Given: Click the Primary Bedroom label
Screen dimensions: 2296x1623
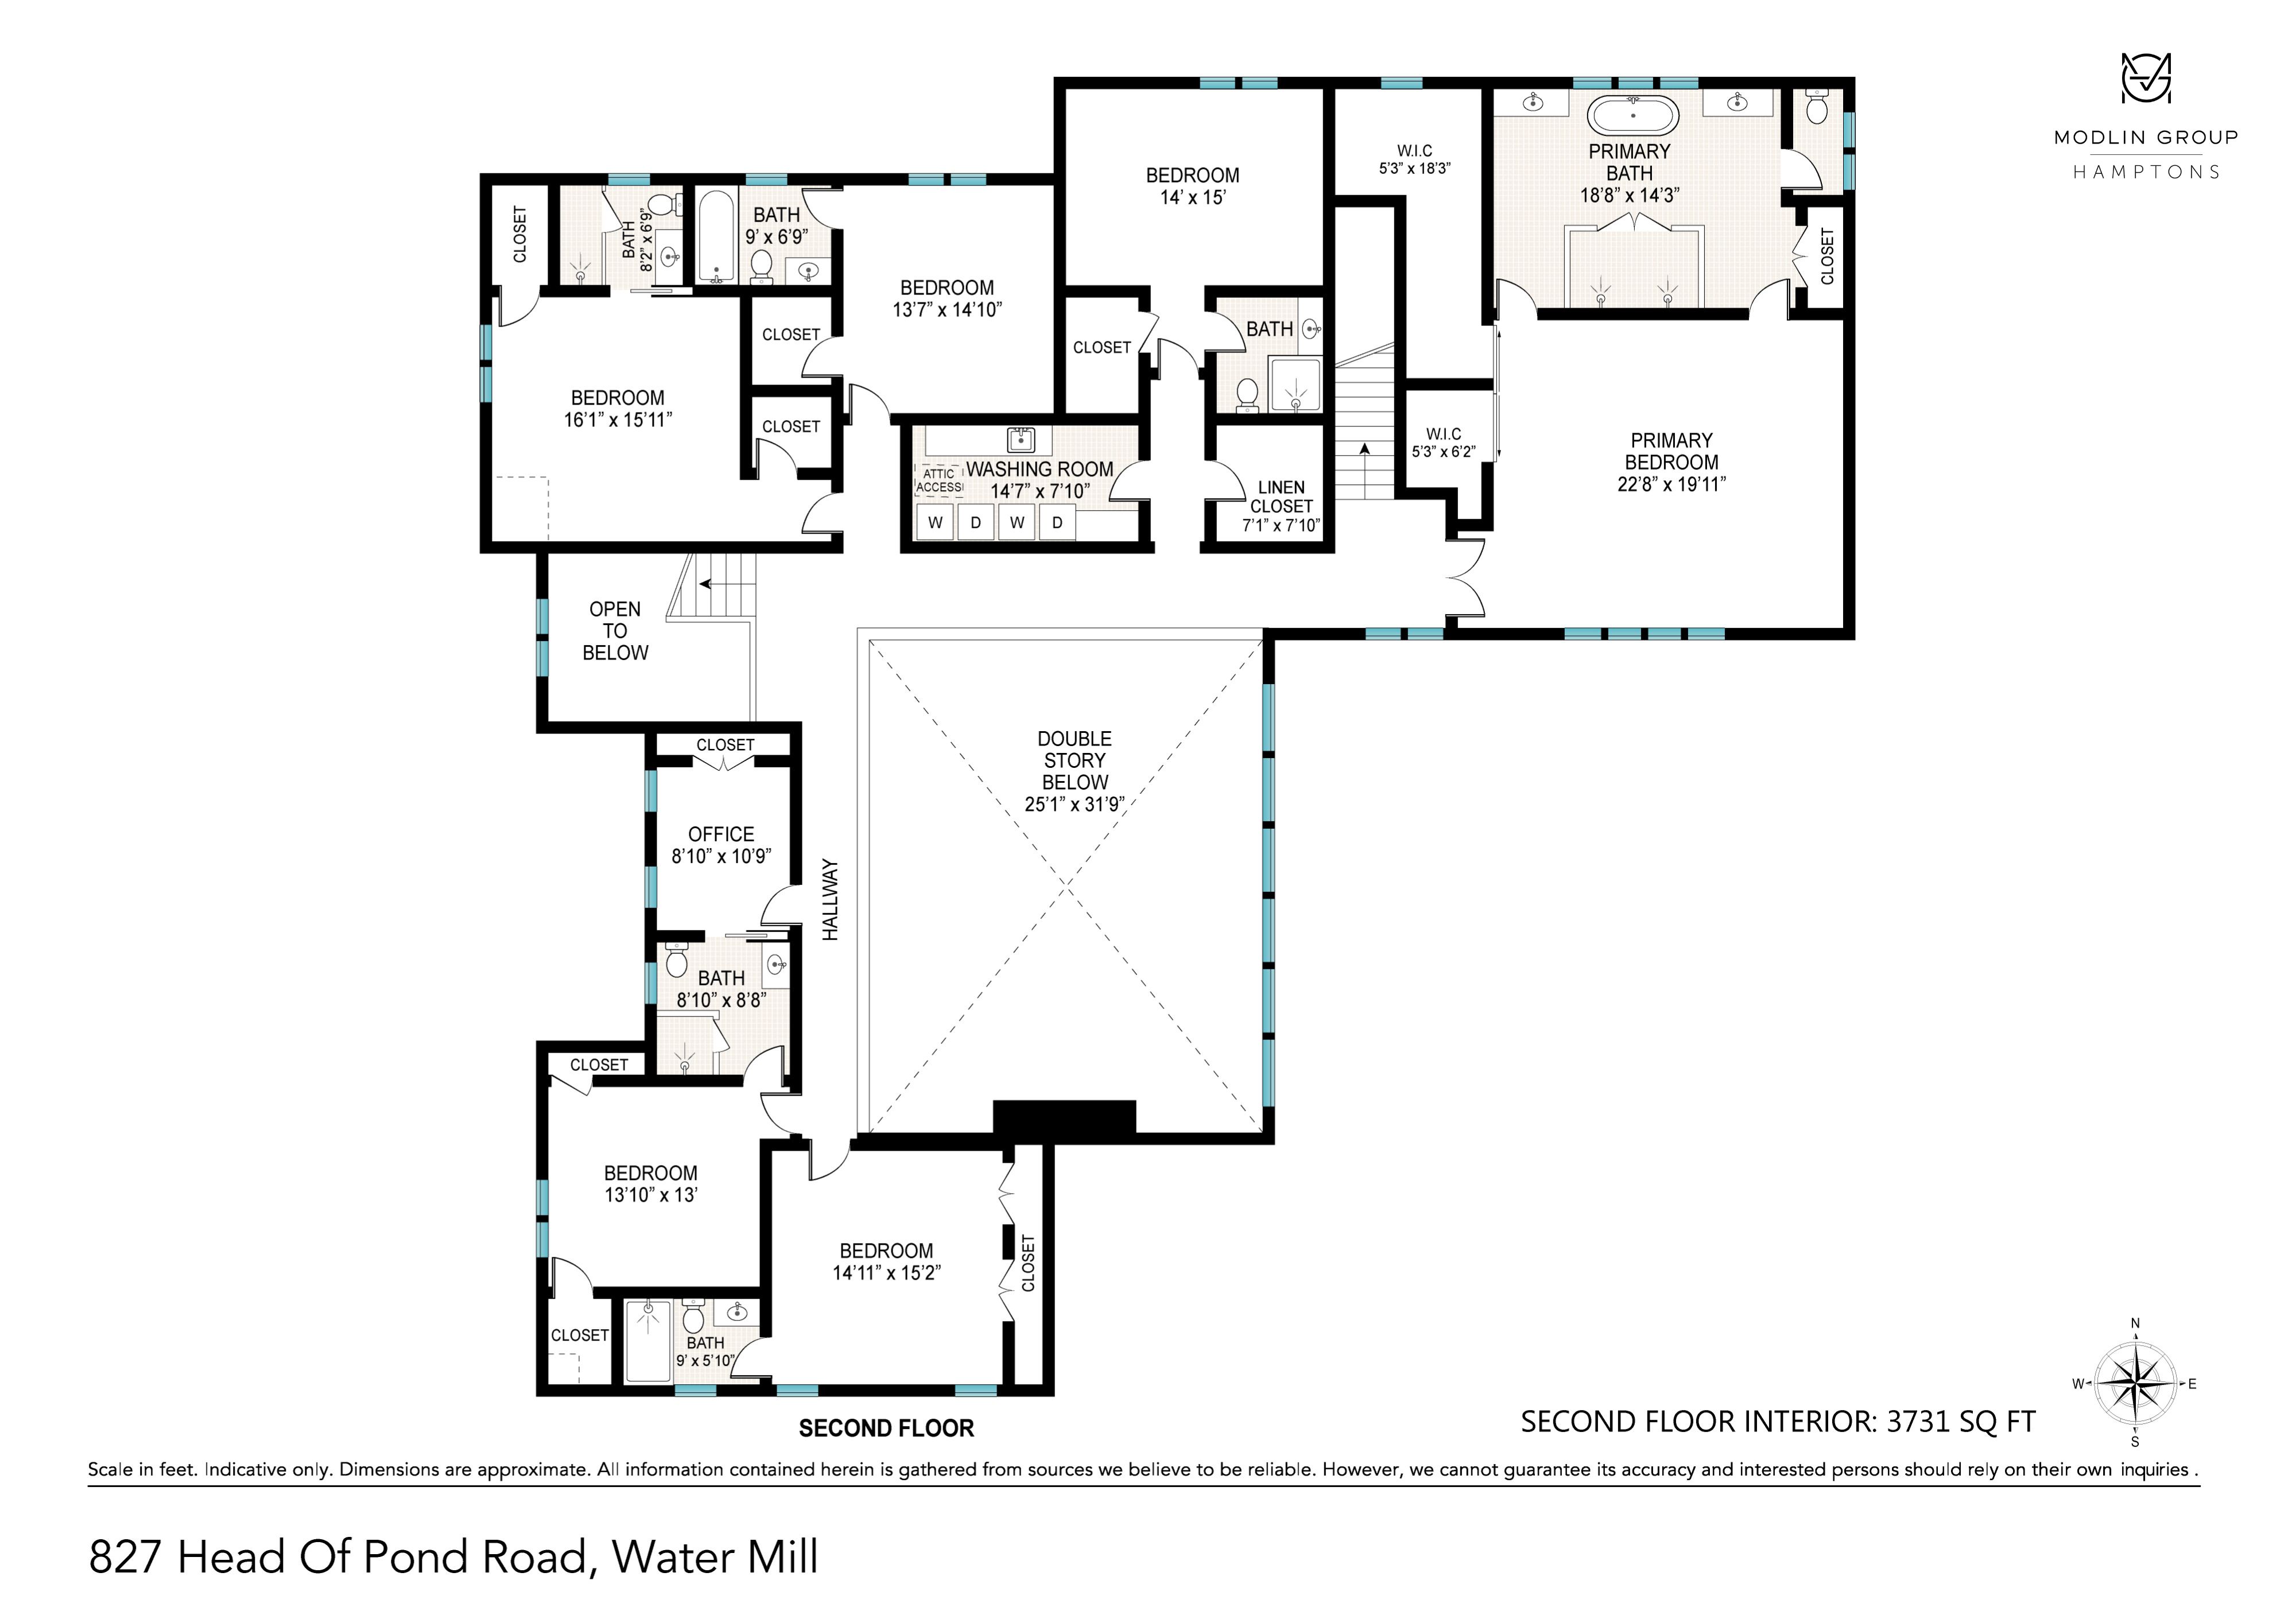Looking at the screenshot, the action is click(1671, 451).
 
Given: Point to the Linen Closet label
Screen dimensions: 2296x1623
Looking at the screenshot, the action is click(1281, 497).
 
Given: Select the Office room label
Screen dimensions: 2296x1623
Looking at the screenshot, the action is click(721, 834).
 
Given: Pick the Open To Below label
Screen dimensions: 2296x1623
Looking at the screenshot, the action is click(615, 631).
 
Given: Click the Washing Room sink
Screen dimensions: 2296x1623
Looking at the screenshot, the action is click(1021, 439).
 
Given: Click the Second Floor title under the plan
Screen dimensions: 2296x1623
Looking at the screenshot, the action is click(886, 1428).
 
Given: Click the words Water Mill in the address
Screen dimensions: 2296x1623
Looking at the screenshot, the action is click(715, 1557).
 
